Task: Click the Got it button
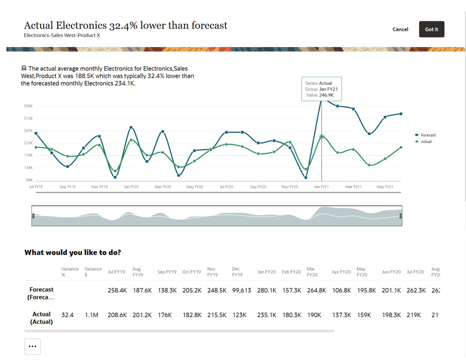coord(431,29)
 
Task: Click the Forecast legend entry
coord(427,135)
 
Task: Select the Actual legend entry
coord(425,141)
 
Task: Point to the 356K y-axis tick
coord(28,106)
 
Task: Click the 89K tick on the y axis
coord(29,180)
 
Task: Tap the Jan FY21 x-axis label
coord(321,187)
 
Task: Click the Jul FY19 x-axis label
coord(35,187)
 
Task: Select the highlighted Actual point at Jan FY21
coord(322,136)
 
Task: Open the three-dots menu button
coord(33,346)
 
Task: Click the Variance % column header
coord(70,271)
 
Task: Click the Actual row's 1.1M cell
coord(91,315)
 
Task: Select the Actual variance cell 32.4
coord(67,315)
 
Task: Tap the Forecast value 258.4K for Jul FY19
coord(117,290)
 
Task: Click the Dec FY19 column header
coord(237,271)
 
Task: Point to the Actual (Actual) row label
coord(42,318)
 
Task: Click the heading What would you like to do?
coord(73,252)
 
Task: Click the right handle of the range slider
coord(400,216)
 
